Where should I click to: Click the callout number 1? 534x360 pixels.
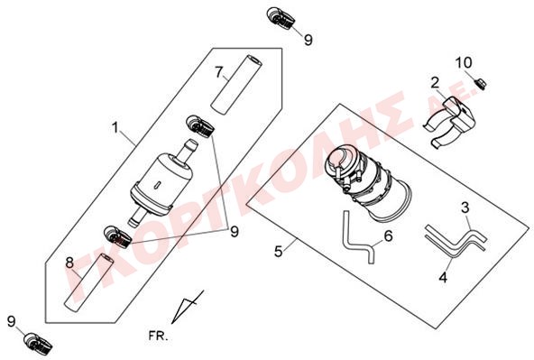click(x=115, y=128)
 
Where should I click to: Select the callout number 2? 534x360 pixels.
click(x=435, y=83)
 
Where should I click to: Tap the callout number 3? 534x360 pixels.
click(x=465, y=208)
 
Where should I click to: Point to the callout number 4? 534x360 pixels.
click(x=443, y=278)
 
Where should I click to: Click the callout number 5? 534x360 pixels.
click(x=279, y=252)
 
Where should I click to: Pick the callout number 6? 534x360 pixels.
click(x=388, y=235)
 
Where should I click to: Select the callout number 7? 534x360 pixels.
click(x=219, y=72)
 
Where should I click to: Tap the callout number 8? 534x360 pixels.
click(x=69, y=263)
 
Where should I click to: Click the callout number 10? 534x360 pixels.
click(x=464, y=62)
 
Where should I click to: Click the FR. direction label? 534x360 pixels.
click(x=159, y=337)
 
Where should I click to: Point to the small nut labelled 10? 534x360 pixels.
click(x=481, y=83)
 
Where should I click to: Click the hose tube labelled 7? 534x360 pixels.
click(x=236, y=85)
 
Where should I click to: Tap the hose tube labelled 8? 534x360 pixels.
click(x=89, y=282)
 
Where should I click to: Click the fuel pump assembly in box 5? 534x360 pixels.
click(x=368, y=180)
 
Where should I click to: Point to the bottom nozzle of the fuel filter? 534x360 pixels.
click(x=136, y=217)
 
